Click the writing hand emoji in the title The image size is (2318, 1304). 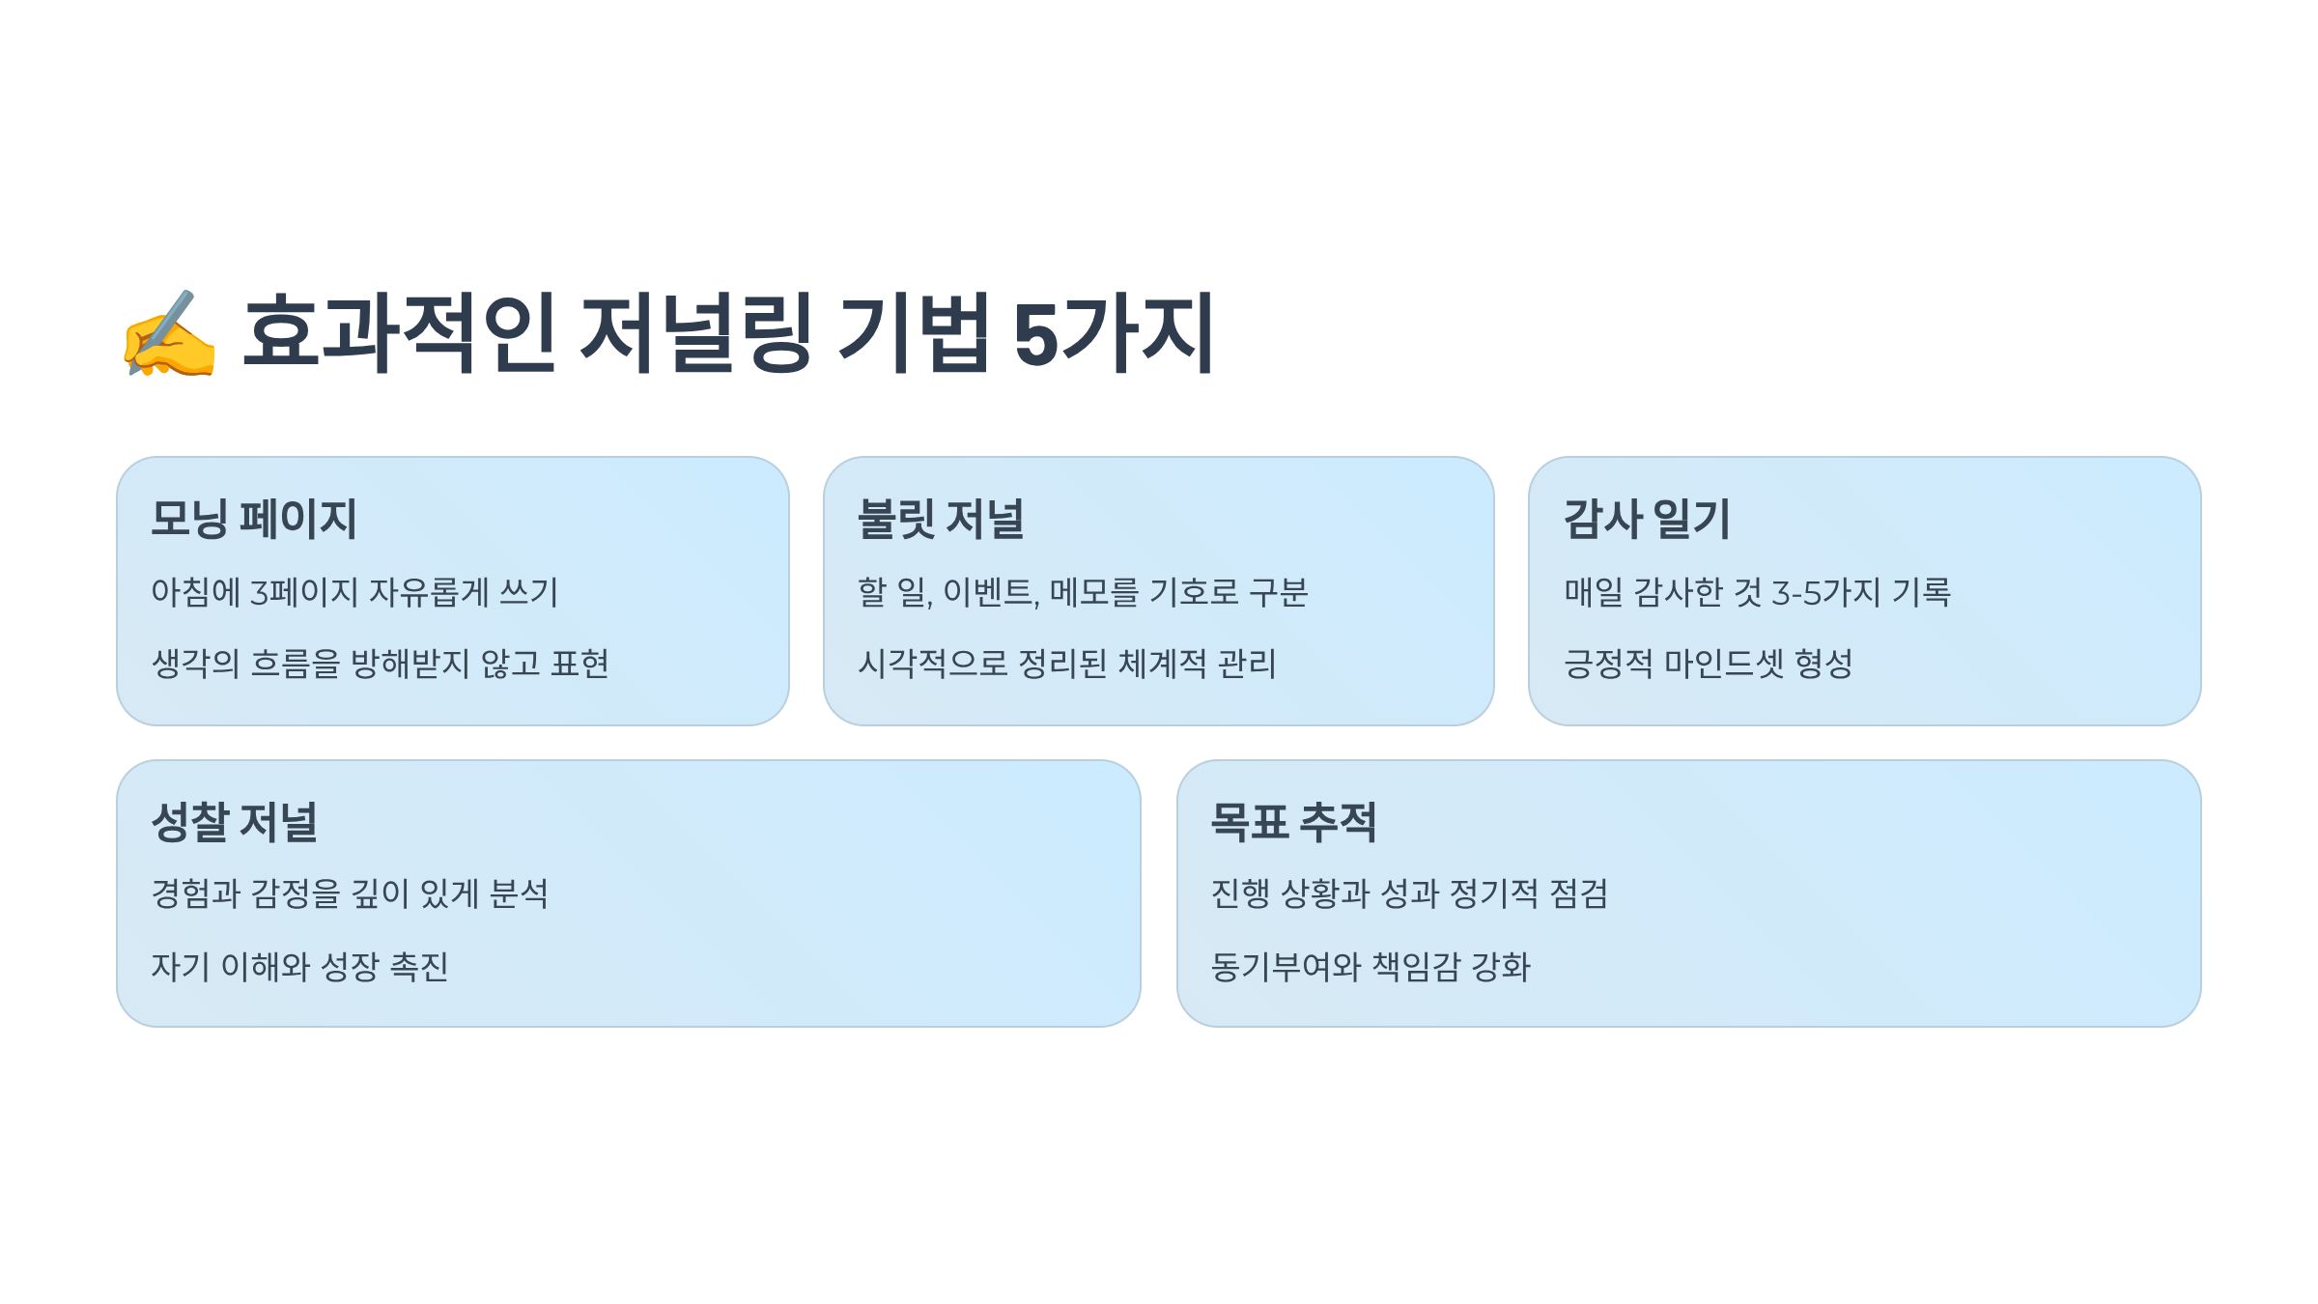169,334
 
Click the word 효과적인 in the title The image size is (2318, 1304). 399,334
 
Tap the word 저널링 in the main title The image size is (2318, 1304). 694,334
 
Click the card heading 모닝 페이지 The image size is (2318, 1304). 254,519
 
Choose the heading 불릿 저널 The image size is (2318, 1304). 941,519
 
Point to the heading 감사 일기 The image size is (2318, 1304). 1647,519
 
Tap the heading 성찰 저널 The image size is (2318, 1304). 235,822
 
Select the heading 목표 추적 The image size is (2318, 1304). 1293,822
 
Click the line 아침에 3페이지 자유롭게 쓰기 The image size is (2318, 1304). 354,592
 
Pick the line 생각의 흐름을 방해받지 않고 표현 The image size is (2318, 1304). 380,664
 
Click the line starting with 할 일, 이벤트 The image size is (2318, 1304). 1083,592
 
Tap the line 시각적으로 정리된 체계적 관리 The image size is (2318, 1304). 1067,664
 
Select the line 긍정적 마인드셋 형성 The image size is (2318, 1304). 1708,664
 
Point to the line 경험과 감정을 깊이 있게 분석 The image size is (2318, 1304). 350,893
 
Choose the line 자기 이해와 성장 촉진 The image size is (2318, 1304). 299,966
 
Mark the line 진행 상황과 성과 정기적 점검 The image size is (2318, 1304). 1409,893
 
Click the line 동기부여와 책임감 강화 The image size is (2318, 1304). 1371,966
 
